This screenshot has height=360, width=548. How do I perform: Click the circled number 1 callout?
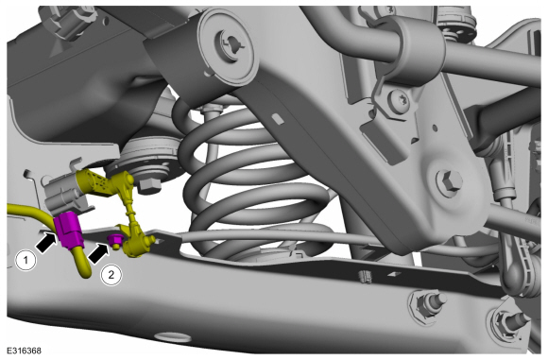click(x=26, y=260)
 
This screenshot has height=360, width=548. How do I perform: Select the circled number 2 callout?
click(x=111, y=275)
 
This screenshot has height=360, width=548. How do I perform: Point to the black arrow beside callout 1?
click(x=46, y=243)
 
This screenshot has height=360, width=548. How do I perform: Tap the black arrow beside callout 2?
click(x=98, y=253)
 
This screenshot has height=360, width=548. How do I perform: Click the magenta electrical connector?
click(x=68, y=231)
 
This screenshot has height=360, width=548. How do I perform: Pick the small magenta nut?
click(x=115, y=240)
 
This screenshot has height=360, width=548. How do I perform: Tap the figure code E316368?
click(x=25, y=351)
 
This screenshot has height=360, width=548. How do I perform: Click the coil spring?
click(x=245, y=181)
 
